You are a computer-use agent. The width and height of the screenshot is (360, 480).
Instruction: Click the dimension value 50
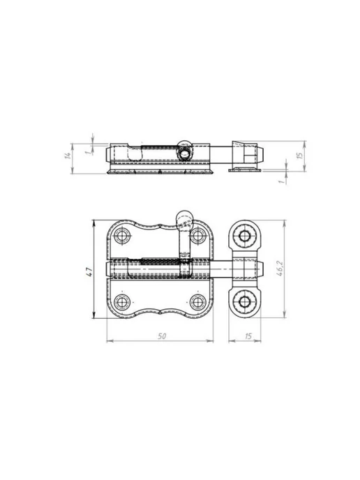click(162, 336)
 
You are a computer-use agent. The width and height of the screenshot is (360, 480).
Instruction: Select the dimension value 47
click(89, 272)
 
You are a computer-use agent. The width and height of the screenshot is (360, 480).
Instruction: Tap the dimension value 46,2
click(280, 269)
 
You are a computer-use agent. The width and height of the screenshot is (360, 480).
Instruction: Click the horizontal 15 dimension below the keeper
click(248, 336)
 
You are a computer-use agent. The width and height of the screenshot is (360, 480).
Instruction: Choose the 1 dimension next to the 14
click(88, 151)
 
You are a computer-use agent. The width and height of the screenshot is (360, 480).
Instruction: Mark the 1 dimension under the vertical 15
click(281, 181)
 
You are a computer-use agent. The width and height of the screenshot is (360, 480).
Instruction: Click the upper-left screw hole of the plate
click(122, 236)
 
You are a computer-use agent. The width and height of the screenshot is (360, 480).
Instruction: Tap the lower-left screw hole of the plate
click(122, 302)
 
